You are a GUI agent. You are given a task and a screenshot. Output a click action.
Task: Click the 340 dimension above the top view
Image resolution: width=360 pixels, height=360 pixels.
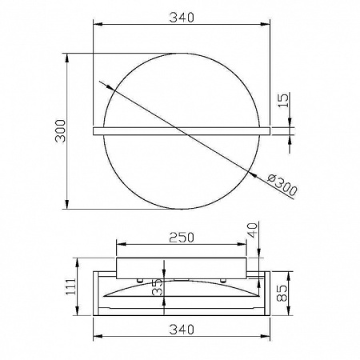(x=182, y=18)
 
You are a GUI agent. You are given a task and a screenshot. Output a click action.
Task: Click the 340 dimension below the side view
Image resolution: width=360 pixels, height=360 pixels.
(x=182, y=330)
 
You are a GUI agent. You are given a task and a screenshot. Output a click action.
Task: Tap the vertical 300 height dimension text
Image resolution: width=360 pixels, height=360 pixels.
(x=60, y=131)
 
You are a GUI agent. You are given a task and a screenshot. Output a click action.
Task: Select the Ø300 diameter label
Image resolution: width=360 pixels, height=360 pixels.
(x=282, y=185)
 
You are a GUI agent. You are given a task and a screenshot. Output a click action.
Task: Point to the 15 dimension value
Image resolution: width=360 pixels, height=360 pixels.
(x=284, y=100)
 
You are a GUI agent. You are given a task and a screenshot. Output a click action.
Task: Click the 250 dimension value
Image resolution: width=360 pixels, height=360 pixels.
(x=182, y=238)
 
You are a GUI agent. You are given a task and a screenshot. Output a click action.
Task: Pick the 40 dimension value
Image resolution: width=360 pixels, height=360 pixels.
(x=253, y=230)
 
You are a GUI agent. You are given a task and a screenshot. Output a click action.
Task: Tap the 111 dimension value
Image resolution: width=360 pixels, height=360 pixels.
(x=71, y=286)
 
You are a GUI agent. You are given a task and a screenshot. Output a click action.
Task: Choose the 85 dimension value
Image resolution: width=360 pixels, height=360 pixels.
(x=282, y=294)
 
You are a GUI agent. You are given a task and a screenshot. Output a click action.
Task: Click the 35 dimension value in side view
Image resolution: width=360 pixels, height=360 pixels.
(x=158, y=287)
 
